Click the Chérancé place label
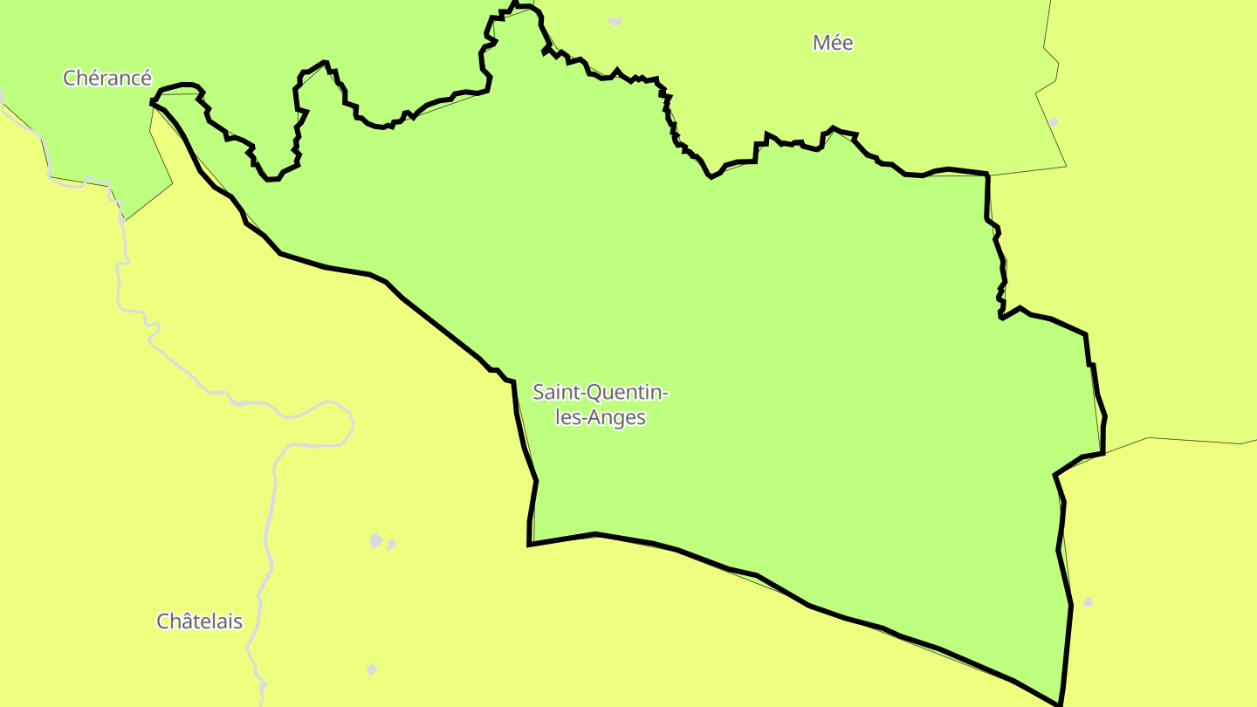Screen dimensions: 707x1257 point(107,78)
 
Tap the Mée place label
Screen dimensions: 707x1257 point(833,43)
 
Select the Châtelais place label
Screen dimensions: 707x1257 point(199,621)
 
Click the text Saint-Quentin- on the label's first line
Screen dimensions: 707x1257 point(601,393)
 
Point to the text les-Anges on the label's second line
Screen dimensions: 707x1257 point(601,417)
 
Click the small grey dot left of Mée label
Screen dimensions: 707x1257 point(615,20)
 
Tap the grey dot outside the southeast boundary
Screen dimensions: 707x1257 point(1088,602)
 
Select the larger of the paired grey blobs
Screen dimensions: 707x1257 point(375,541)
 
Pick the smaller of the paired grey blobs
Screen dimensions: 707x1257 point(391,545)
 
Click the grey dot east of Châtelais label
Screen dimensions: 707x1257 point(371,669)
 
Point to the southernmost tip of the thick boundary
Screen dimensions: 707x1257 point(1060,704)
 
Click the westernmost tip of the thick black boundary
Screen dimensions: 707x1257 point(152,103)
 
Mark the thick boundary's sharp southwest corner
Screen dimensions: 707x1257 point(529,545)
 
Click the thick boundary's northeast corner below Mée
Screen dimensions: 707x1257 point(987,175)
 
